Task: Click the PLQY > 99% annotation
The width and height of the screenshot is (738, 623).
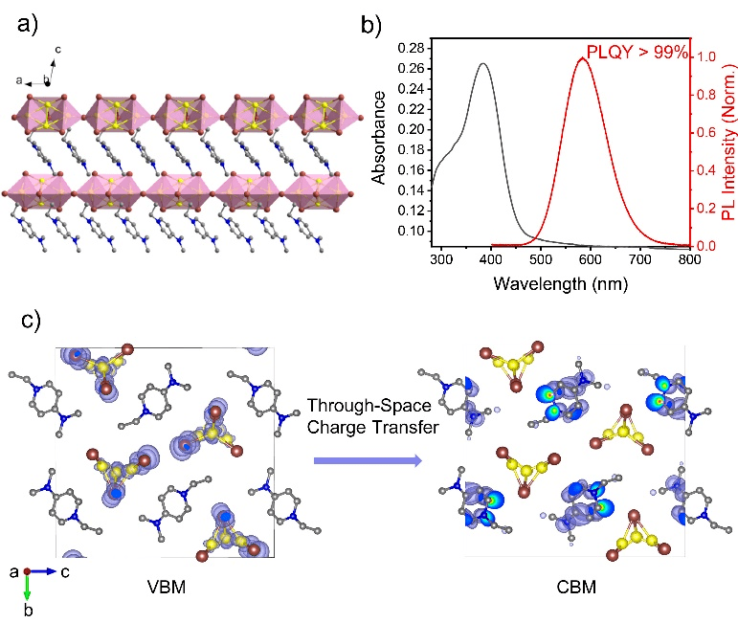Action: click(637, 53)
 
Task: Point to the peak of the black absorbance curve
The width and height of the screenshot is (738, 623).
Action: click(483, 64)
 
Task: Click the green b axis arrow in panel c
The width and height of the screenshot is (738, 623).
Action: click(27, 589)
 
